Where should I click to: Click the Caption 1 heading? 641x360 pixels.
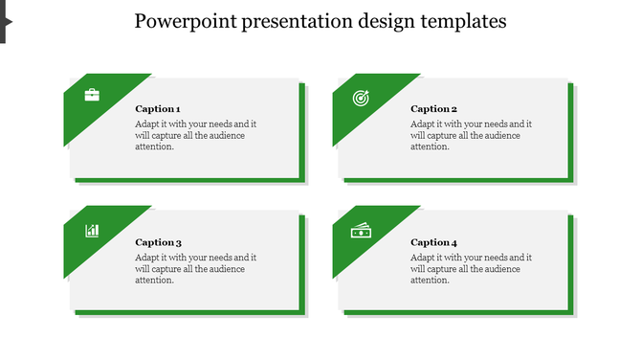pyautogui.click(x=158, y=109)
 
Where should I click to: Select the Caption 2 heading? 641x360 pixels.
pyautogui.click(x=433, y=109)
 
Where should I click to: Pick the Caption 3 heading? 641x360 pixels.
pyautogui.click(x=158, y=242)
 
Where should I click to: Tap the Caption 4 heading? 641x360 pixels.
pyautogui.click(x=433, y=242)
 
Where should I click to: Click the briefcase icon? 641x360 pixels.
pyautogui.click(x=92, y=95)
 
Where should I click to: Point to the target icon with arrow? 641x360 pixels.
pyautogui.click(x=361, y=97)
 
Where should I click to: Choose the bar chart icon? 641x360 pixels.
pyautogui.click(x=92, y=230)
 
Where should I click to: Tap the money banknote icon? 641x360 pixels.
pyautogui.click(x=361, y=230)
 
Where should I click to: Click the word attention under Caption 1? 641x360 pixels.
pyautogui.click(x=154, y=146)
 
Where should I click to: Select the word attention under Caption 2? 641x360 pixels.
pyautogui.click(x=430, y=146)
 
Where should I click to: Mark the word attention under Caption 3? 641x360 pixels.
pyautogui.click(x=154, y=280)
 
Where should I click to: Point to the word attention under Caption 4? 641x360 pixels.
pyautogui.click(x=430, y=280)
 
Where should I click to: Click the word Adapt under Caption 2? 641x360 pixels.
pyautogui.click(x=423, y=124)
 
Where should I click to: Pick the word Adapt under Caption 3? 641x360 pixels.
pyautogui.click(x=147, y=257)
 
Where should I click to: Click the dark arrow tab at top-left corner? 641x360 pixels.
pyautogui.click(x=4, y=20)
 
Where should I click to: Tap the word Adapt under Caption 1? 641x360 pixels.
pyautogui.click(x=147, y=124)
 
